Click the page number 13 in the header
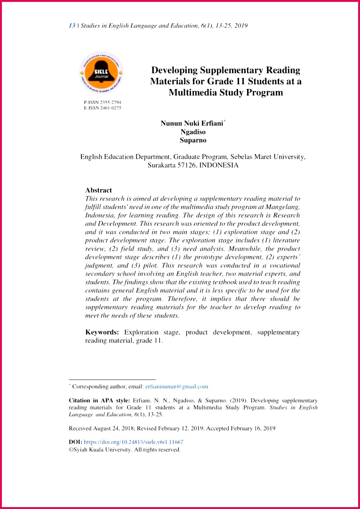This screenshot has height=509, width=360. pyautogui.click(x=72, y=25)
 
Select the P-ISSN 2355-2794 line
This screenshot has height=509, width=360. pyautogui.click(x=102, y=102)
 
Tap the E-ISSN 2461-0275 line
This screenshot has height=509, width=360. pyautogui.click(x=102, y=108)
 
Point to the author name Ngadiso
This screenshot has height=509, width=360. pyautogui.click(x=193, y=132)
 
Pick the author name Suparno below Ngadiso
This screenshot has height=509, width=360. pyautogui.click(x=193, y=140)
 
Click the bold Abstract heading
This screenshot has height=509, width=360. pyautogui.click(x=98, y=190)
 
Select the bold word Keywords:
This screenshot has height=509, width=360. pyautogui.click(x=102, y=332)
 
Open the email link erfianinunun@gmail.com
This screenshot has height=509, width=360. pyautogui.click(x=176, y=387)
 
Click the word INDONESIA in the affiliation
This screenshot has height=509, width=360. pyautogui.click(x=219, y=165)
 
